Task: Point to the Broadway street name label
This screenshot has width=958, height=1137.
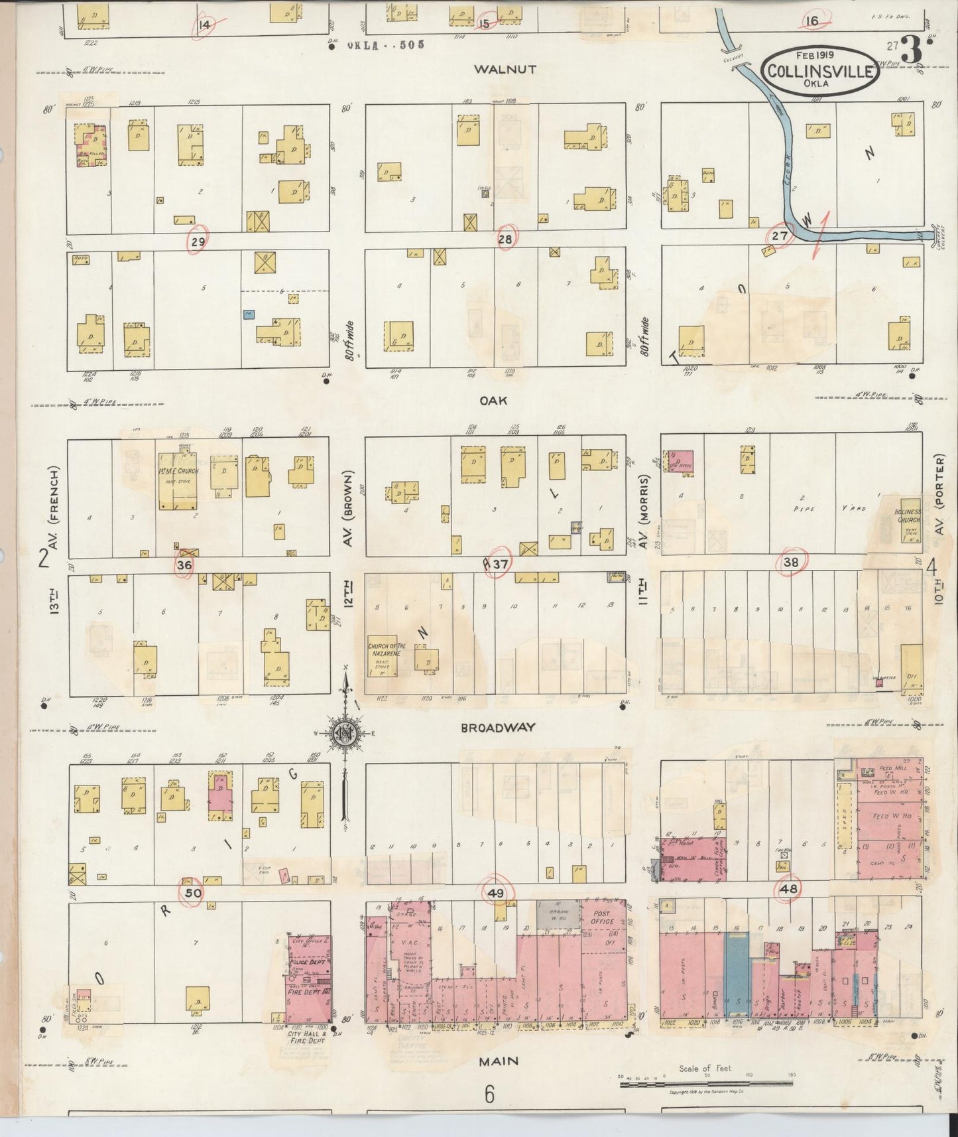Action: pyautogui.click(x=498, y=728)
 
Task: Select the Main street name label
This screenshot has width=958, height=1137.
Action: pyautogui.click(x=499, y=1061)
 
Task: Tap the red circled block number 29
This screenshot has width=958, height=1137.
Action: pyautogui.click(x=198, y=242)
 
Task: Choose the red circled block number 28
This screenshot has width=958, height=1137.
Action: pyautogui.click(x=505, y=239)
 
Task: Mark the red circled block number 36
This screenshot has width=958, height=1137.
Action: pyautogui.click(x=184, y=565)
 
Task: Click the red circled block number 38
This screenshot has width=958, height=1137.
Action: pyautogui.click(x=791, y=562)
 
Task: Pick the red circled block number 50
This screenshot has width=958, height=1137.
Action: pyautogui.click(x=193, y=893)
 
